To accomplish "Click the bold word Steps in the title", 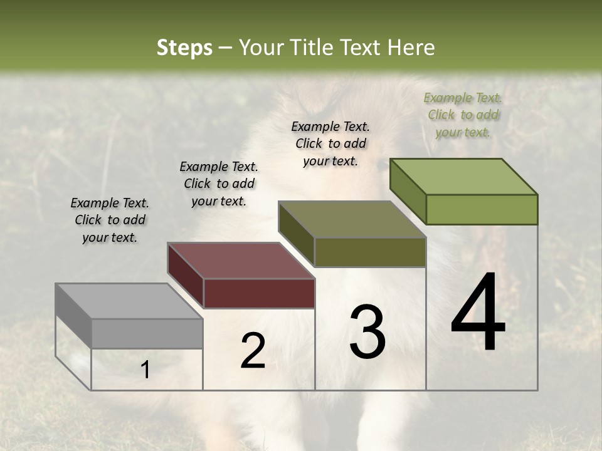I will point(184,48).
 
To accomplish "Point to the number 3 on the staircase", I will point(367,331).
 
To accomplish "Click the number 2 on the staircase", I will point(253,351).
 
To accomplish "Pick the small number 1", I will point(145,370).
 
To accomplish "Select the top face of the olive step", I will point(352,219).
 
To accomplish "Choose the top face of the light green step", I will point(463,177).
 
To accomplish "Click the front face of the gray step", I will point(147,333).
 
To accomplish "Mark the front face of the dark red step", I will point(259,293).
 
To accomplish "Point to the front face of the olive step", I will point(370,252).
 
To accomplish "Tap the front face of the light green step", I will point(482,209).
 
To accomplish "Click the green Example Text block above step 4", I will point(463,115).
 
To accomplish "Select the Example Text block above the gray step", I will point(110,220).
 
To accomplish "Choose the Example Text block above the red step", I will point(219,184).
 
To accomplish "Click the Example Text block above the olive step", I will point(330,143).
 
